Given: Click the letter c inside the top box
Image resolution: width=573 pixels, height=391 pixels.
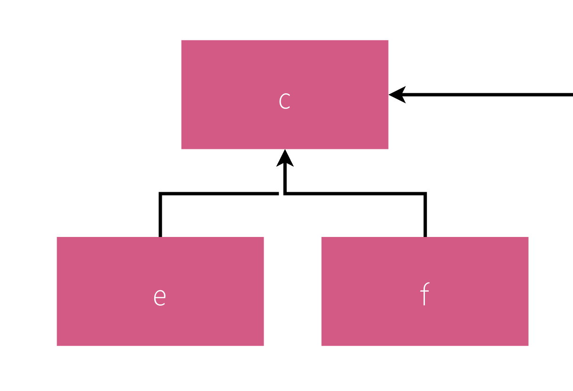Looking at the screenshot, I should (284, 101).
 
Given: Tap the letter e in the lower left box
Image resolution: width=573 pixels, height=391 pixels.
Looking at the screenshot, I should (160, 297).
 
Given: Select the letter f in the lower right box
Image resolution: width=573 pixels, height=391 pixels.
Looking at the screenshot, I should (424, 295).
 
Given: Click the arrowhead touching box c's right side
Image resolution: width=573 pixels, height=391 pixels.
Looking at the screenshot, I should (397, 95).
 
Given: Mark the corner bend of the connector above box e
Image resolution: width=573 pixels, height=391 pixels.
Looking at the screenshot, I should (161, 194).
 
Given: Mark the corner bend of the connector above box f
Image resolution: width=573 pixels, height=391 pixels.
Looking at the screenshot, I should (425, 194).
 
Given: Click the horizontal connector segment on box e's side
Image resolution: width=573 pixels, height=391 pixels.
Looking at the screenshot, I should (219, 194).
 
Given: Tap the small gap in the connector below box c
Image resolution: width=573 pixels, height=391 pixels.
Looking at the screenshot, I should (281, 194).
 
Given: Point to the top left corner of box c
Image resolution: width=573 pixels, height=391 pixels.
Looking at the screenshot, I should (182, 41).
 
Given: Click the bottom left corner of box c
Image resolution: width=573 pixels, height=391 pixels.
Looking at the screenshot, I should (182, 148).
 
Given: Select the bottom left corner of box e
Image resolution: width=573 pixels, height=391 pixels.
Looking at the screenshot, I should (58, 345).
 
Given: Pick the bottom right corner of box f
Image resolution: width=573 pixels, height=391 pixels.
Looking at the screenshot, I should (527, 345).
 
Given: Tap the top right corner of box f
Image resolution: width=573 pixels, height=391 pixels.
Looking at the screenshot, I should (527, 238).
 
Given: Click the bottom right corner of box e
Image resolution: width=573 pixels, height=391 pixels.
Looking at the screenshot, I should (263, 345).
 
